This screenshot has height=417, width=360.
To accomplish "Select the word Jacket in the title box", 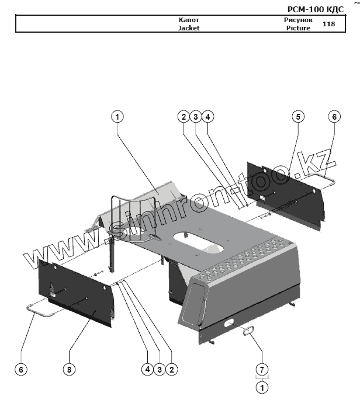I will (189, 27).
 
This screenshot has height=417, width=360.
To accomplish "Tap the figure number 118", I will (328, 24).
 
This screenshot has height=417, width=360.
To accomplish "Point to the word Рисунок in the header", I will (298, 20).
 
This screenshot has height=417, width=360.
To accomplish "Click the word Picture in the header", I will (298, 28).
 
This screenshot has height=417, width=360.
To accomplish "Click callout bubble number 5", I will (297, 117).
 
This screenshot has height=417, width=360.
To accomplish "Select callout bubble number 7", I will (262, 370).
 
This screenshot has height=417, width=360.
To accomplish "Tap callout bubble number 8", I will (69, 369).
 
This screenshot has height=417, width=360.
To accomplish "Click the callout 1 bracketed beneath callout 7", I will (262, 387).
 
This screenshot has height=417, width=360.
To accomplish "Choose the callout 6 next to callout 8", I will (22, 369).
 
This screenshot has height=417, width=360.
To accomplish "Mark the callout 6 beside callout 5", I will (334, 117).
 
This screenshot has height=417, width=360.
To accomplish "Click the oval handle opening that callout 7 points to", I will (247, 331).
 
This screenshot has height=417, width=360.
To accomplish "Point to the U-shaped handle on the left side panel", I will (41, 310).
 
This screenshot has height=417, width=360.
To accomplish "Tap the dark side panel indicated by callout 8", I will (76, 292).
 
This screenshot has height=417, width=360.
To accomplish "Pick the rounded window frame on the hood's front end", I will (193, 299).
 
